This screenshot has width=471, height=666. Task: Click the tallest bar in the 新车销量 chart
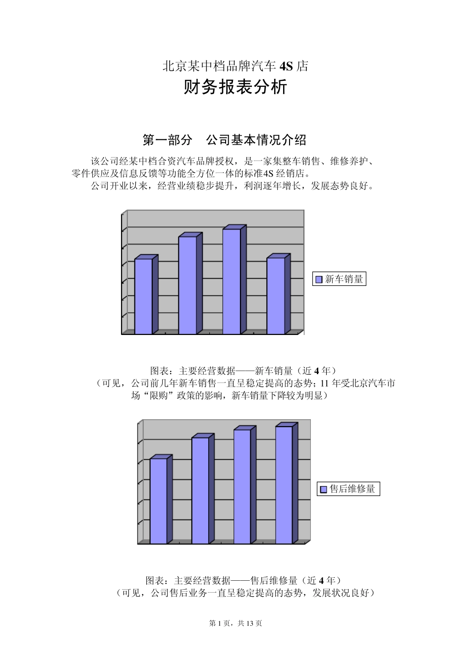click(x=232, y=281)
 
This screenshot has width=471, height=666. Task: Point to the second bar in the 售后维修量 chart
click(x=200, y=490)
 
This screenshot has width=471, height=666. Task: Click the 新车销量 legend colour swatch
click(x=319, y=280)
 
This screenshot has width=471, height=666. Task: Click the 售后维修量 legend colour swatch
click(x=324, y=490)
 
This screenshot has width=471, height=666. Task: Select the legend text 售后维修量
click(x=352, y=489)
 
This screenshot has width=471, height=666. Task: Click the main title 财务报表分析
click(x=235, y=88)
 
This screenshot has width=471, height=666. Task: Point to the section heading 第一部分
click(x=167, y=140)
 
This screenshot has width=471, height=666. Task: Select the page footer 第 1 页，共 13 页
click(x=235, y=623)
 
